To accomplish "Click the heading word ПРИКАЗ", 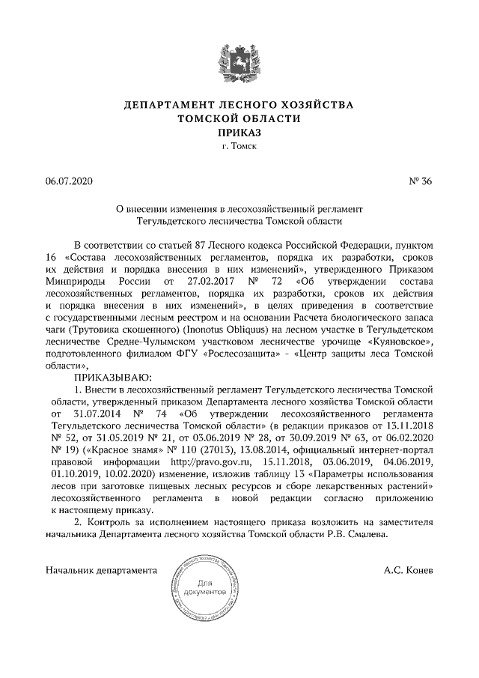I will [239, 132].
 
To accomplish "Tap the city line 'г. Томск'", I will [239, 146].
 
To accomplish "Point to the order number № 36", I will [421, 182].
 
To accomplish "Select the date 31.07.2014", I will [100, 414].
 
